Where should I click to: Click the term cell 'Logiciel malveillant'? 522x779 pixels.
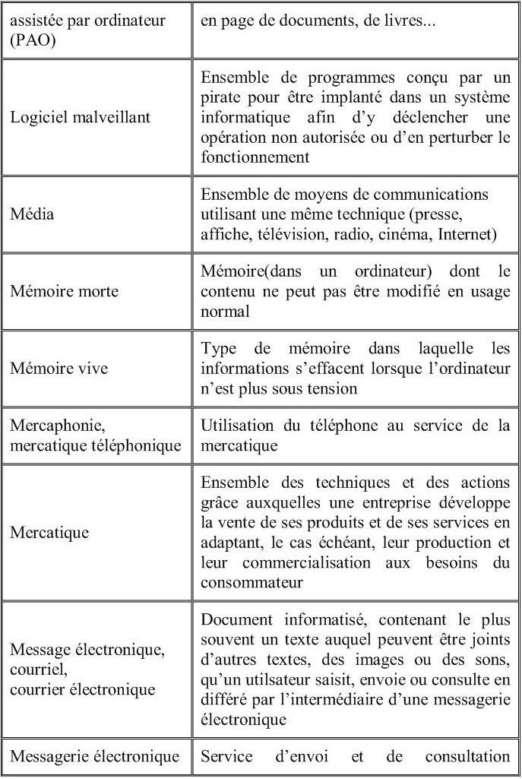(x=80, y=118)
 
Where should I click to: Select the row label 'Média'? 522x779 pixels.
(x=32, y=214)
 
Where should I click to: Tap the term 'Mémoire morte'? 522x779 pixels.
(x=64, y=291)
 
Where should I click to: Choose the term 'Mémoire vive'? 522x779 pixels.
(x=59, y=369)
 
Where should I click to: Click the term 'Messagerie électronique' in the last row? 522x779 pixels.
(x=94, y=756)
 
